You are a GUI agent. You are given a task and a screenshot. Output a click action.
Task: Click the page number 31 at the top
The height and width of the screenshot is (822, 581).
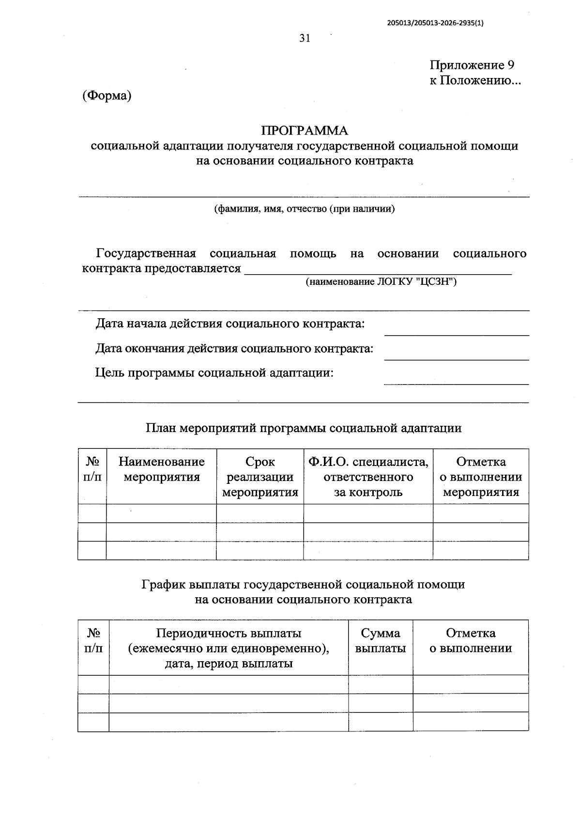[305, 39]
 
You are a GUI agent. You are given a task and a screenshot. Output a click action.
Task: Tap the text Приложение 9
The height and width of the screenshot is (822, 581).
[472, 65]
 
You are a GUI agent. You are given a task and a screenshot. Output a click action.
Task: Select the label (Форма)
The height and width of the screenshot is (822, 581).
[107, 95]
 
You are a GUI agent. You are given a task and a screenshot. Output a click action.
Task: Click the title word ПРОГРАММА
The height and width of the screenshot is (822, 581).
[305, 131]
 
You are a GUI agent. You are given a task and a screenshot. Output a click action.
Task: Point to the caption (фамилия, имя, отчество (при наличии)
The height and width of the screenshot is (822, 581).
[305, 209]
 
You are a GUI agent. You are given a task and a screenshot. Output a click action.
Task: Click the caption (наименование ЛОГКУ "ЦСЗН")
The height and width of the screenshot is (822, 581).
[381, 281]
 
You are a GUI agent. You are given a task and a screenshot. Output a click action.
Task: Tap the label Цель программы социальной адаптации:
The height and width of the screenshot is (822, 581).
[214, 373]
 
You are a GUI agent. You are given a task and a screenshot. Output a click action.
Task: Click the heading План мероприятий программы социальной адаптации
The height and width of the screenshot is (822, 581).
[304, 428]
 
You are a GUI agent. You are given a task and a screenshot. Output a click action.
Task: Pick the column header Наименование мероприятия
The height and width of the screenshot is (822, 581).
[162, 469]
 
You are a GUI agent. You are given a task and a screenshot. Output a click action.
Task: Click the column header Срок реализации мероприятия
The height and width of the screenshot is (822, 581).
[260, 477]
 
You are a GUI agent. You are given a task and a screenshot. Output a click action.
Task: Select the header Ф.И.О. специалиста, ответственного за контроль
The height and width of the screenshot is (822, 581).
[368, 477]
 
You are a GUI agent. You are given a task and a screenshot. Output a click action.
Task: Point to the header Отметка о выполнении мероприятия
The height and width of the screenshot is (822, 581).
[481, 477]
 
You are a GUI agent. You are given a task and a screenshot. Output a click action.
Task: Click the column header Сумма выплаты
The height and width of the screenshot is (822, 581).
[381, 640]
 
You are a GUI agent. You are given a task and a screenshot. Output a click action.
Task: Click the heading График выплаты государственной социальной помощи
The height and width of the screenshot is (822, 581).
[304, 585]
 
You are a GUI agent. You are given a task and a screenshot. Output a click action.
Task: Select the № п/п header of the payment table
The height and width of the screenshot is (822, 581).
[93, 640]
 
